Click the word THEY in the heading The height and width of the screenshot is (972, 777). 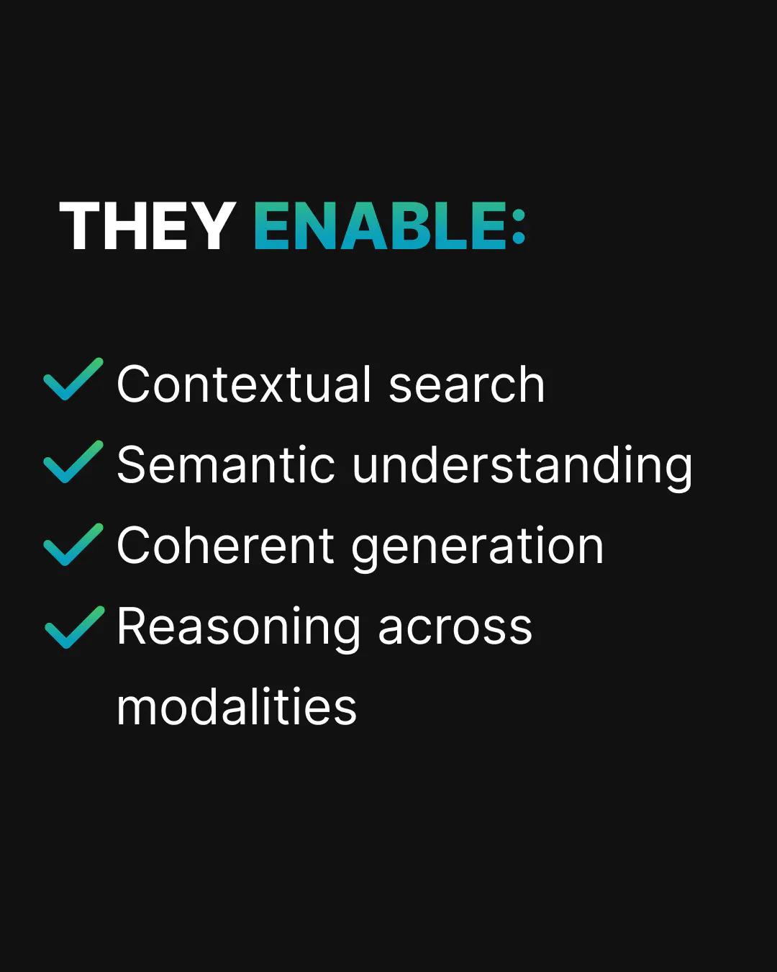(147, 226)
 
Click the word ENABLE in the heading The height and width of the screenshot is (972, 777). (380, 226)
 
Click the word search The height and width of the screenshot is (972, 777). (467, 384)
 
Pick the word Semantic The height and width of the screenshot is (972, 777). (226, 465)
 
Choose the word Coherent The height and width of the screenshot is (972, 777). (225, 546)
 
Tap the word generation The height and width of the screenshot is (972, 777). (477, 549)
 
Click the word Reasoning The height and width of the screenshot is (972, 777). (238, 629)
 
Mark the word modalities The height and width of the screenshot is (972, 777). (237, 706)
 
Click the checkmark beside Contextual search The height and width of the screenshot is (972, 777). (73, 379)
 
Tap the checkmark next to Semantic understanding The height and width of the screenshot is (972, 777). (73, 462)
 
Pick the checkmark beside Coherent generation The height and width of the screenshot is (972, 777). (73, 544)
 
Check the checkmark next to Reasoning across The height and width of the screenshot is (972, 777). (75, 627)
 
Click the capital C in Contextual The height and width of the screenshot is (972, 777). (133, 384)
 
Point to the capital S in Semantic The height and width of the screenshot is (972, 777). (132, 465)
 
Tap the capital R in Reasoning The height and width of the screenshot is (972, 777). (132, 626)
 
